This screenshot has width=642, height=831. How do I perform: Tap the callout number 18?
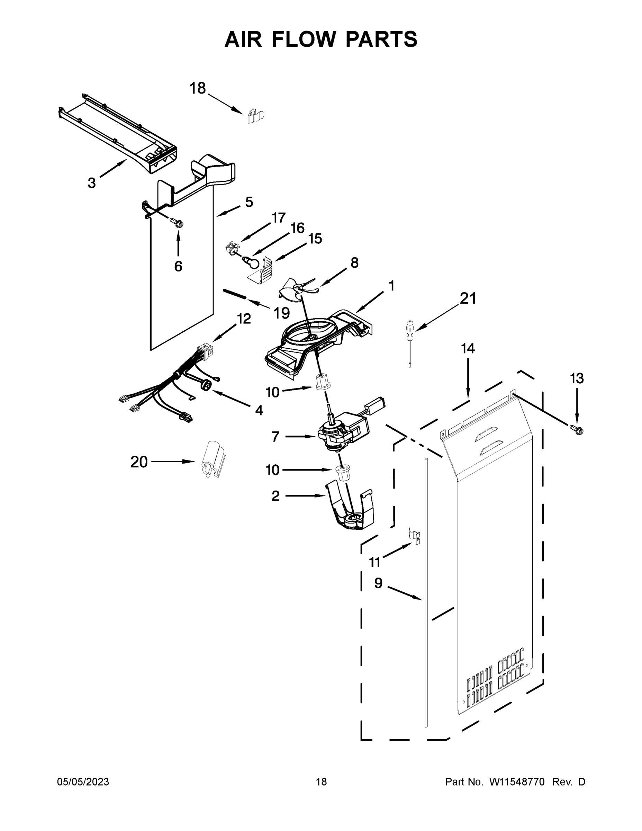coord(197,88)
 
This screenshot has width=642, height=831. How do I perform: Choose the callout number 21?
coord(468,299)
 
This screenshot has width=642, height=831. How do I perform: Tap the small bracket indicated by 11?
coord(414,534)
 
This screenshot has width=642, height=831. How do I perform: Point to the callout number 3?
coord(92,183)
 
